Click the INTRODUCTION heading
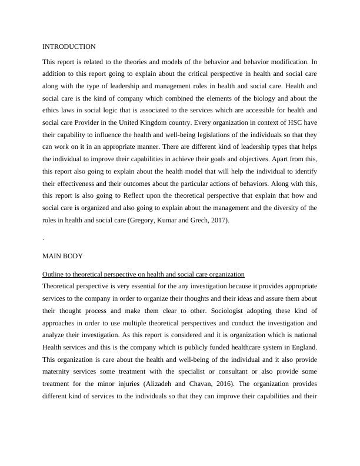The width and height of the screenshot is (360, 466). click(x=69, y=46)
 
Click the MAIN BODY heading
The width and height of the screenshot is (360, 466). click(x=62, y=257)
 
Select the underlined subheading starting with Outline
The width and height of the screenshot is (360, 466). click(x=144, y=275)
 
